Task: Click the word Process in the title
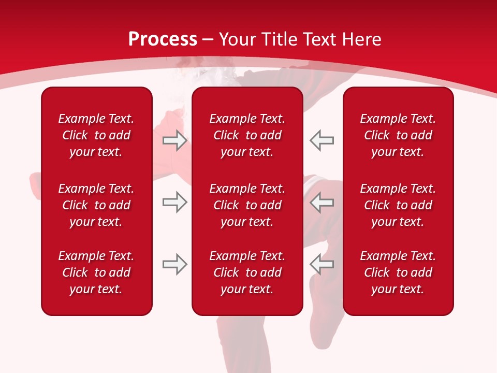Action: pos(163,39)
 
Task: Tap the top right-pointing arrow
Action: pos(174,140)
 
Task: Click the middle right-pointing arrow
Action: pos(174,202)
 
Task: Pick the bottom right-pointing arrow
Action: pos(174,264)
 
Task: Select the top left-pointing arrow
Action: pos(322,140)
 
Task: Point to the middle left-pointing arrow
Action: pos(322,202)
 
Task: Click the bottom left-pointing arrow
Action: pos(322,264)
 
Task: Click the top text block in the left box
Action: pos(96,135)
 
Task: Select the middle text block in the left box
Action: pos(96,205)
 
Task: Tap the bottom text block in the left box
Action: pos(96,272)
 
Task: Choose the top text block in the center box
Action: pos(247,135)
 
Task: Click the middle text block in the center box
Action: pos(247,205)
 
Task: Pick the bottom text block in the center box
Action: pos(247,272)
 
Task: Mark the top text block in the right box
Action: pos(398,135)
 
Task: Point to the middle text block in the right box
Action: pos(398,205)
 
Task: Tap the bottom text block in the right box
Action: pos(398,272)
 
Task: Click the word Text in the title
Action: pos(320,39)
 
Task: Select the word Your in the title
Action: pos(237,39)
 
